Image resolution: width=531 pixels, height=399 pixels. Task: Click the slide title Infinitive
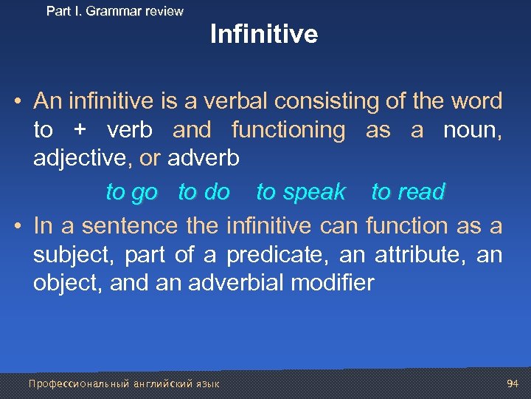click(x=264, y=35)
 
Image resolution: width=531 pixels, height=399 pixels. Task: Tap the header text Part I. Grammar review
click(x=114, y=11)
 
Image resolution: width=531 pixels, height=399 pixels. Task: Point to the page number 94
click(x=513, y=383)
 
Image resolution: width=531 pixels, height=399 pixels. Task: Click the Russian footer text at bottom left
click(x=123, y=383)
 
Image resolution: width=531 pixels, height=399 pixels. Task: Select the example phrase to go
click(x=131, y=192)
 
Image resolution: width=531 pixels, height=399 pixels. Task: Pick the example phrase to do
click(x=204, y=192)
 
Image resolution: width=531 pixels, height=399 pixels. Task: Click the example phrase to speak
click(x=301, y=192)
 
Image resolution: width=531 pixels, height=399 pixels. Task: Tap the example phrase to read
click(x=408, y=192)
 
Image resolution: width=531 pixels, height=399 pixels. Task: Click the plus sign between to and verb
click(x=80, y=131)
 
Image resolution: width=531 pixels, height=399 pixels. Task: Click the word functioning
click(x=288, y=131)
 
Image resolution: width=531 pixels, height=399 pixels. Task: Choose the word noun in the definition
click(x=472, y=131)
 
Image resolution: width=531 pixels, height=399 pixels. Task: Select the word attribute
click(x=417, y=256)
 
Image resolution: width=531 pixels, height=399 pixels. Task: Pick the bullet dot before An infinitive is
click(x=16, y=102)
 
